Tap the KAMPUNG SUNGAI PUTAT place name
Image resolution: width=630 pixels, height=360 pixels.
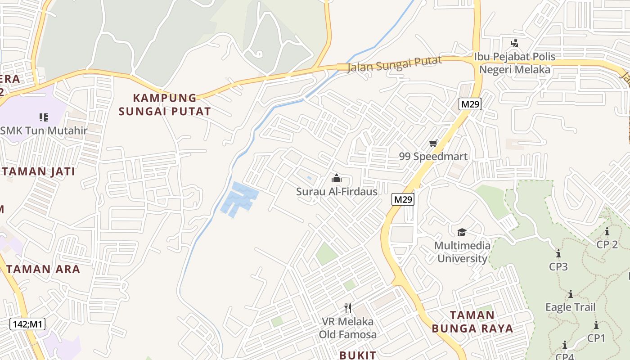coord(165,104)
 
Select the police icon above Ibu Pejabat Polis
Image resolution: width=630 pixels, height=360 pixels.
coord(514,43)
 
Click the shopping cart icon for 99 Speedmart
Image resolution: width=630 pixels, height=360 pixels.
coord(433,144)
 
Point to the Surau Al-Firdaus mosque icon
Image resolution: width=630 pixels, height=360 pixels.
coord(337,178)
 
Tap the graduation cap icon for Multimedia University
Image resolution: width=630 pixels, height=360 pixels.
coord(462,232)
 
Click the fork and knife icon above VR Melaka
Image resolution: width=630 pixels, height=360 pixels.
coord(347,308)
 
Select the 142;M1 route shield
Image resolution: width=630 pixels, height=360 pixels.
coord(27,324)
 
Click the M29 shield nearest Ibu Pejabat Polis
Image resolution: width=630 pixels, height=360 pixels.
coord(470,104)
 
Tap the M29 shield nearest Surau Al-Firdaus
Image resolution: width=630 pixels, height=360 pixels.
coord(403,199)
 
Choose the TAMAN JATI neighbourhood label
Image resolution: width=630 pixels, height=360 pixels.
coord(38,171)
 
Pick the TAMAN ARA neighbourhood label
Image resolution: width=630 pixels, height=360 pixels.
coord(43,269)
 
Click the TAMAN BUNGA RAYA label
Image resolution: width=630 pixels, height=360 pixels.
coord(472,322)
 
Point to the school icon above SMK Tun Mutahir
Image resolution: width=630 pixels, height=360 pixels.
coord(44,117)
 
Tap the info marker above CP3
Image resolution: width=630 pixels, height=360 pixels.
coord(558,253)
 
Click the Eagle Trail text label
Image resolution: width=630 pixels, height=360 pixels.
coord(570,307)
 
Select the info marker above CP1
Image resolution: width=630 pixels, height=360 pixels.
coord(596,325)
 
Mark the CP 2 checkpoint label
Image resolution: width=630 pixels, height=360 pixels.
coord(607,244)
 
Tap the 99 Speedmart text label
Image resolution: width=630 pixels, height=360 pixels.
coord(433,157)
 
